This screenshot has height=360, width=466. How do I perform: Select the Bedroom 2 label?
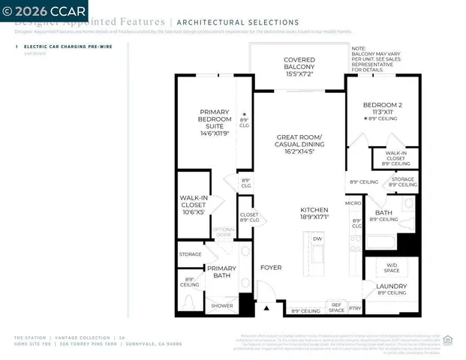382,109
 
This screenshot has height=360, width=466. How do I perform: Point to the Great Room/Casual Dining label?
299,142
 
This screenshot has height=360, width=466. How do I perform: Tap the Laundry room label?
391,289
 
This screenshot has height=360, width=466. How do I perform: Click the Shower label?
221,305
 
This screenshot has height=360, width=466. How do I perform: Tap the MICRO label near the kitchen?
353,202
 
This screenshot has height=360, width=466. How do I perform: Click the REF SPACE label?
337,307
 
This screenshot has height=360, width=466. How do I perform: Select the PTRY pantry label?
355,307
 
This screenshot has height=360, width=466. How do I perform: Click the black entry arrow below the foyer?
265,307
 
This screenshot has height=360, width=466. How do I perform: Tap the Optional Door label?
224,232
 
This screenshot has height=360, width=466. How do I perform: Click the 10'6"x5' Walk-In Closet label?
194,205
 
